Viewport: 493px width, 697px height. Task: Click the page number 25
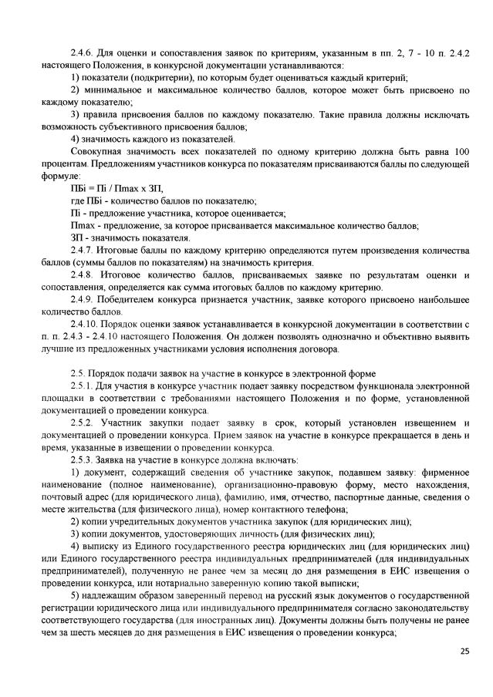coord(464,651)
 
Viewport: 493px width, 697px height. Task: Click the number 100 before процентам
coord(461,152)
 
